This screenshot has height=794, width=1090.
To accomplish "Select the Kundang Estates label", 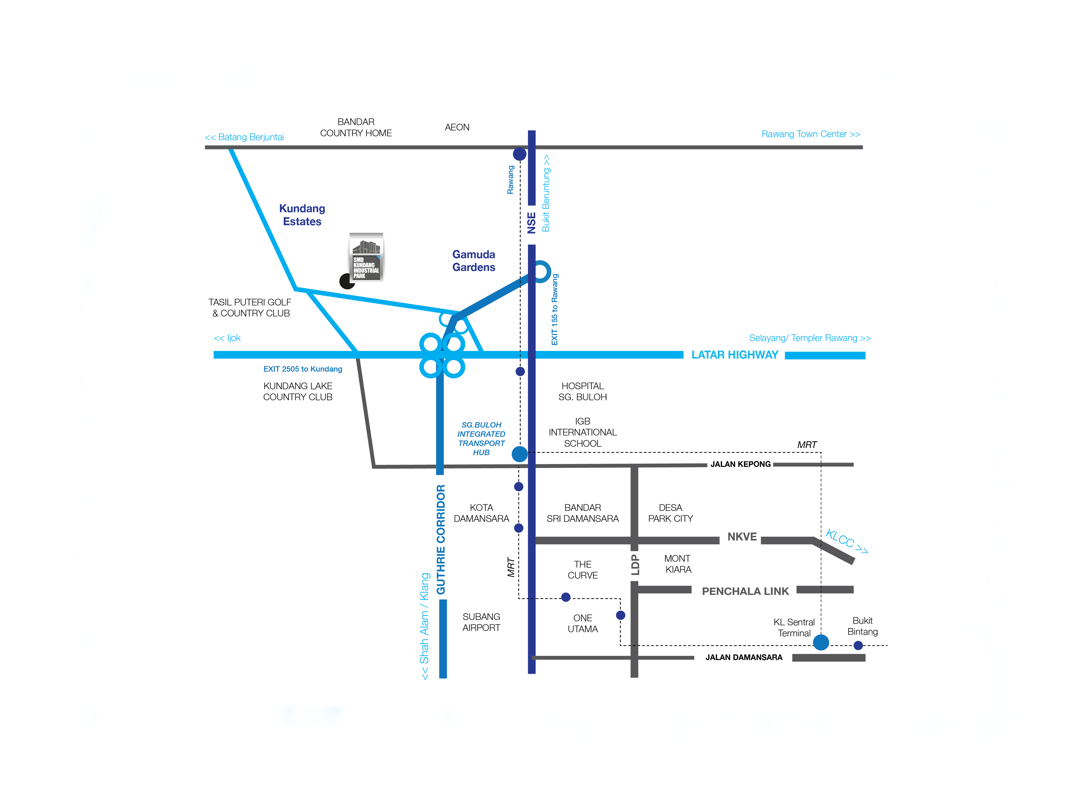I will pos(302,215).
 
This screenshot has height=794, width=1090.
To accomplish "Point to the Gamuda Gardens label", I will pos(473,261).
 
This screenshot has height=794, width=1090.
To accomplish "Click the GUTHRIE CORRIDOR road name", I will pos(441,539).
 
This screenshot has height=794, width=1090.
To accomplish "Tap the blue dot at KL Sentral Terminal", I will pos(821,642).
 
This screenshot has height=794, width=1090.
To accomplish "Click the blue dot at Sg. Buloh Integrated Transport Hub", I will pos(520,454).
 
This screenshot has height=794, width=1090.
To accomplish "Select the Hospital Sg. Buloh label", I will pos(583,391).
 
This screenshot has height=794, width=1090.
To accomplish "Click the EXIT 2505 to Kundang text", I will pos(303,369).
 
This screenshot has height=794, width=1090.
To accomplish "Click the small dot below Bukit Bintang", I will pos(858,646).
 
